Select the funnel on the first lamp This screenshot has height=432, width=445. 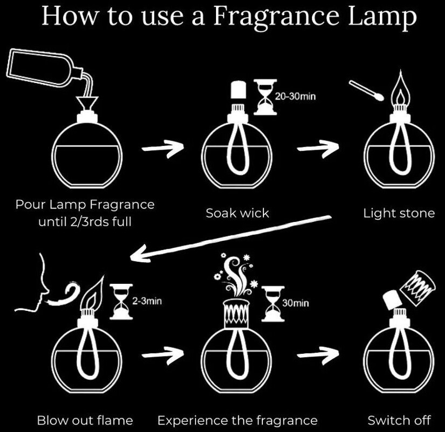point(87,103)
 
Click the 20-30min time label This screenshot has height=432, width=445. point(295,96)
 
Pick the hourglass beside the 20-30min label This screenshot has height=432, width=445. point(265,97)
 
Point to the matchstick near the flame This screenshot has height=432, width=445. point(366,90)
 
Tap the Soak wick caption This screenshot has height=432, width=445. point(237,213)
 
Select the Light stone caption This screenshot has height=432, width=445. point(399,213)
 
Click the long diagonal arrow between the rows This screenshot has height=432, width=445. point(231,238)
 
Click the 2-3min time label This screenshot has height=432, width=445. point(147,301)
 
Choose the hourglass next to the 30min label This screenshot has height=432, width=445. point(273,304)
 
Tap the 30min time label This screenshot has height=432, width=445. point(295,303)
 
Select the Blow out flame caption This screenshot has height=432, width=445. point(85,420)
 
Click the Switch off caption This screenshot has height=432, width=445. point(399,420)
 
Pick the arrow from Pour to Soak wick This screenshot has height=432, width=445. point(163,148)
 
